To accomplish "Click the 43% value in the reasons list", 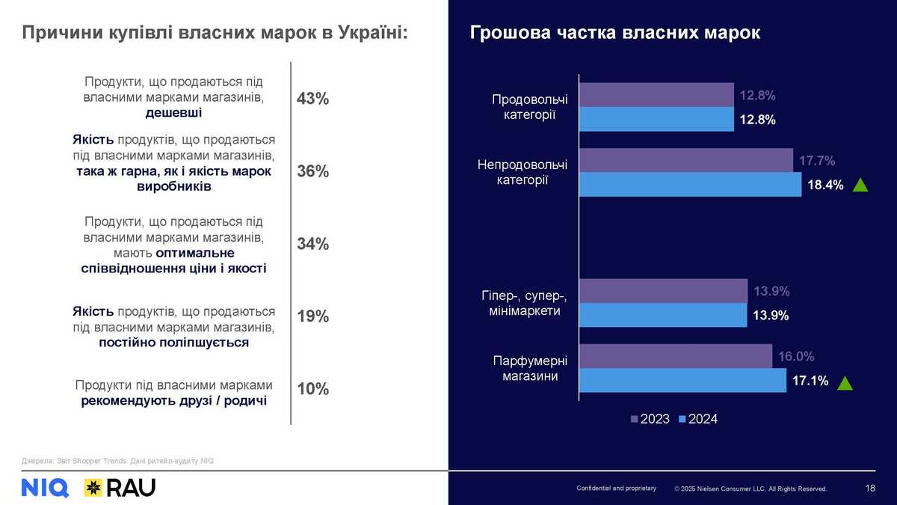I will (x=313, y=100).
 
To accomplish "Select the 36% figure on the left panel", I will (x=313, y=172).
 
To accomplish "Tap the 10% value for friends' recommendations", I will (x=313, y=389).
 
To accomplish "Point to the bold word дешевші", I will (x=174, y=113).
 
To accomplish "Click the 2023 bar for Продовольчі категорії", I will (x=656, y=95).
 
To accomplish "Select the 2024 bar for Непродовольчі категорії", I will (x=690, y=185).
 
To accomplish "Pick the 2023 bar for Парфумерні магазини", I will (x=676, y=356).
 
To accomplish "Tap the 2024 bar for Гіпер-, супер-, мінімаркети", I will (x=663, y=315).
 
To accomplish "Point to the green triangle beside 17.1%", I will (x=845, y=384).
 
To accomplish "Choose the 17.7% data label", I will (x=817, y=160).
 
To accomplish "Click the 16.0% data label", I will (x=796, y=357).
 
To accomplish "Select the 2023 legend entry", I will (x=650, y=419).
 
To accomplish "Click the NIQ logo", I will (x=45, y=488).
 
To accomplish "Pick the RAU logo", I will (x=120, y=488).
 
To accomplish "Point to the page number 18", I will (x=870, y=489).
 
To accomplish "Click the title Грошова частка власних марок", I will (x=615, y=34).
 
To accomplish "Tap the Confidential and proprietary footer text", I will (x=616, y=489).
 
